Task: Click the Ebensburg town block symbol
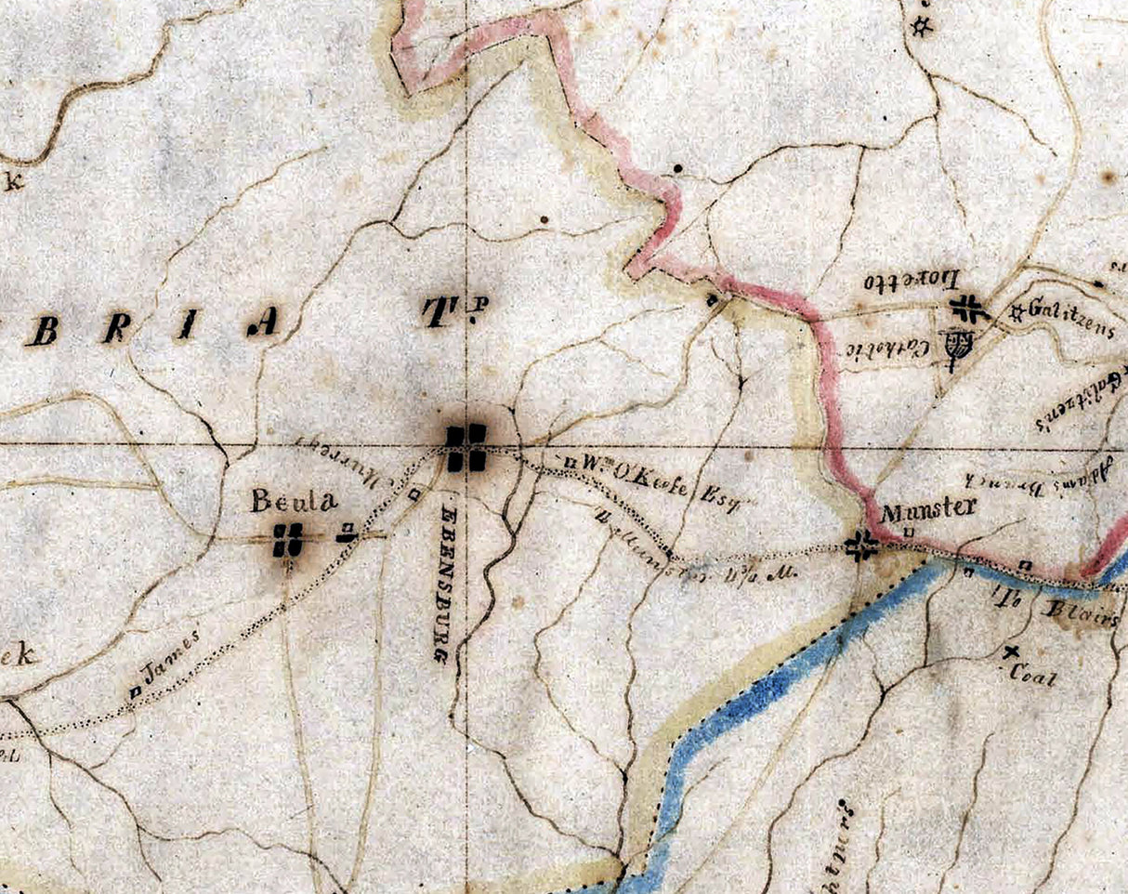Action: pos(466,448)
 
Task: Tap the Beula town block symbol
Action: pos(289,540)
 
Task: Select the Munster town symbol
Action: pos(862,546)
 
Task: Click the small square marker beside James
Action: pos(135,690)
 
